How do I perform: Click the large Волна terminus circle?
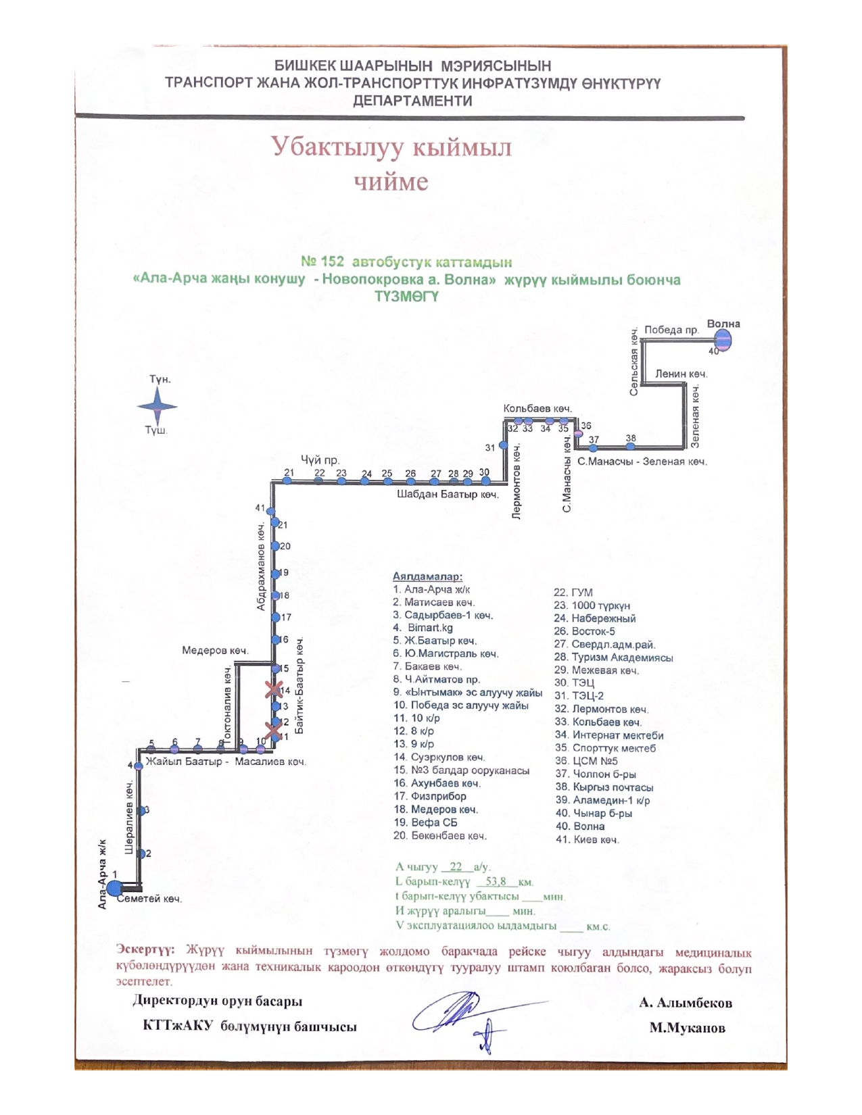point(723,341)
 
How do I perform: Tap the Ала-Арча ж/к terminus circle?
point(114,888)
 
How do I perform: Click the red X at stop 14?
point(274,690)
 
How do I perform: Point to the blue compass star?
point(157,406)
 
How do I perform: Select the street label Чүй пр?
point(320,460)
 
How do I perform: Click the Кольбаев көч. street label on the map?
point(537,409)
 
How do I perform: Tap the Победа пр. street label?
point(671,330)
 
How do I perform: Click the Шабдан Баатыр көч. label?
point(447,495)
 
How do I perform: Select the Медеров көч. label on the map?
point(215,651)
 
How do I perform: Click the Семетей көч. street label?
point(150,899)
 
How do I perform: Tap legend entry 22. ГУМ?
point(573,593)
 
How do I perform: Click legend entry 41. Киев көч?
point(587,839)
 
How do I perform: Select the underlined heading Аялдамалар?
point(427,576)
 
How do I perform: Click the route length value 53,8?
point(496,881)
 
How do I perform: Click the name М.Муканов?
point(687,1028)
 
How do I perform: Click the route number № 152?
point(322,262)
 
